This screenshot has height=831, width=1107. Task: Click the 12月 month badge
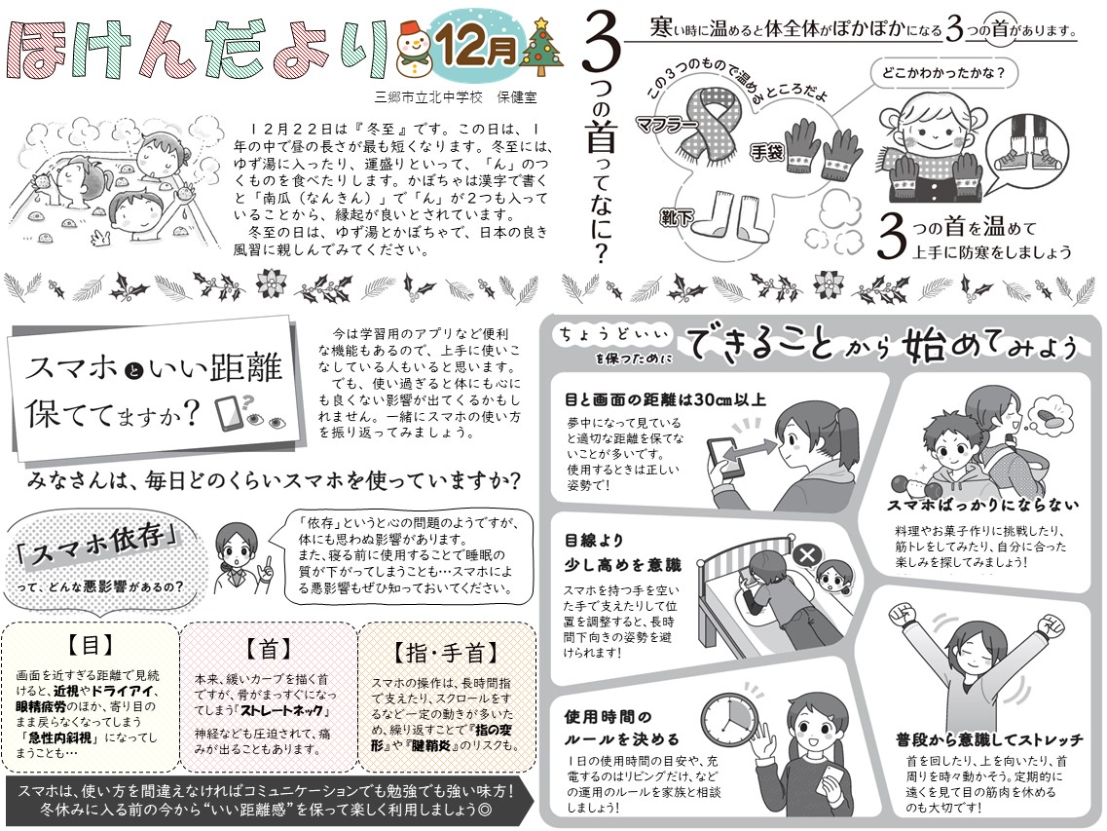click(x=477, y=44)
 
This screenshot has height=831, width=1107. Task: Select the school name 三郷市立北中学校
click(x=428, y=97)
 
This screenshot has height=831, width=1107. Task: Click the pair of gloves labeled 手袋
click(x=823, y=146)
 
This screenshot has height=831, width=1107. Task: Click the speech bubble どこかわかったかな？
click(x=943, y=73)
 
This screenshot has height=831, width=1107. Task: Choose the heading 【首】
click(x=269, y=648)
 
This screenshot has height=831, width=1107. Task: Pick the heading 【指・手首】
click(x=446, y=652)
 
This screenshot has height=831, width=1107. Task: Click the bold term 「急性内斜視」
click(x=55, y=737)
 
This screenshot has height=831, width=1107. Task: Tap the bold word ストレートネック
click(x=282, y=710)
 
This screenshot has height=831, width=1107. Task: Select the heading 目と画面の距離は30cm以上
click(x=664, y=400)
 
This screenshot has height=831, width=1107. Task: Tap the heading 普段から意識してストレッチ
click(x=989, y=739)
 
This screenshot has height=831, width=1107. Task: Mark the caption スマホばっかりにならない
click(x=982, y=506)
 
